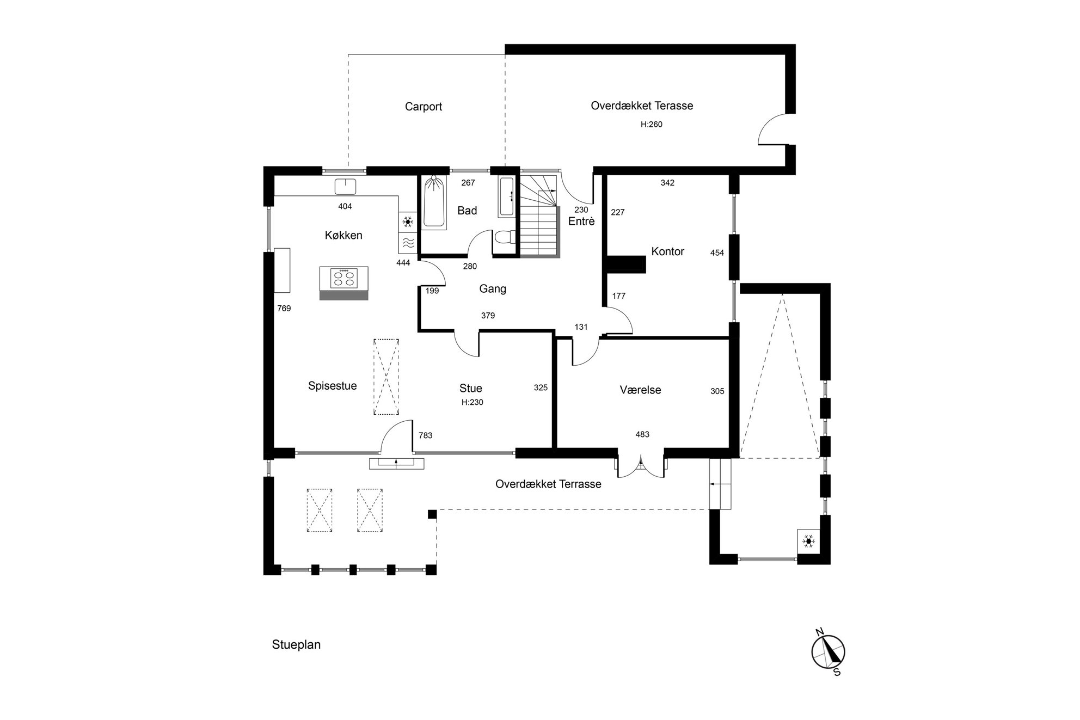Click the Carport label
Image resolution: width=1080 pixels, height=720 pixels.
(x=423, y=107)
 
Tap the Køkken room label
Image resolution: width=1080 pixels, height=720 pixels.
(x=343, y=235)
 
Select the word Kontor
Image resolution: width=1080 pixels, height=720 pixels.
(x=667, y=251)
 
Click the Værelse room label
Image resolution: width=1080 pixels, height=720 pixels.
(x=640, y=390)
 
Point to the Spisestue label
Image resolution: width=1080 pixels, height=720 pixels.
(x=332, y=386)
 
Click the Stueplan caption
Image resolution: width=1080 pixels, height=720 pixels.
(x=296, y=645)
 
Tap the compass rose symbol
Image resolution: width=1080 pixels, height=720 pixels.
(x=829, y=652)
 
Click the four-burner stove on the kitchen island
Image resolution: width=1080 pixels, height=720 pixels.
(x=343, y=278)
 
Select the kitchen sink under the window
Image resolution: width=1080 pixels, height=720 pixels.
(x=345, y=186)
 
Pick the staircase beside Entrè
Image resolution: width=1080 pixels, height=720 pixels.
(x=539, y=216)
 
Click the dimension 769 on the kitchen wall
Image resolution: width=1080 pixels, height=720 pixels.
(x=284, y=309)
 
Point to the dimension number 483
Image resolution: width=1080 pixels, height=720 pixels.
(x=642, y=434)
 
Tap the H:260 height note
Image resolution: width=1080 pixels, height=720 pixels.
(x=651, y=124)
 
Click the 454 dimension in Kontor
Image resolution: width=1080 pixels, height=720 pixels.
(x=717, y=253)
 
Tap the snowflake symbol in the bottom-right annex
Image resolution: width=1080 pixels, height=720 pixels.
(x=809, y=541)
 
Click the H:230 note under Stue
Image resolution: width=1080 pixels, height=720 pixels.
(x=472, y=403)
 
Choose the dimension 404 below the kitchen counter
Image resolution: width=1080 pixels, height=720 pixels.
(x=345, y=206)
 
